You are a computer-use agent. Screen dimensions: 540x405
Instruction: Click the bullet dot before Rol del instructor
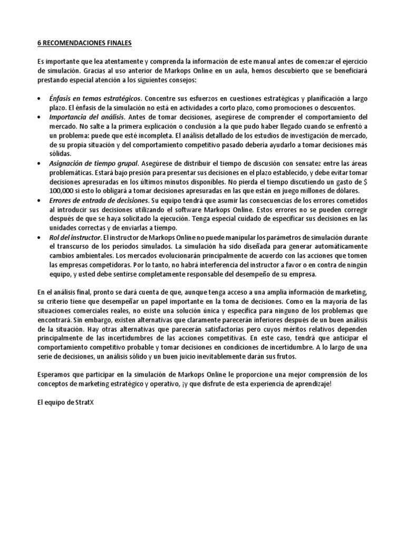coord(41,238)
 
